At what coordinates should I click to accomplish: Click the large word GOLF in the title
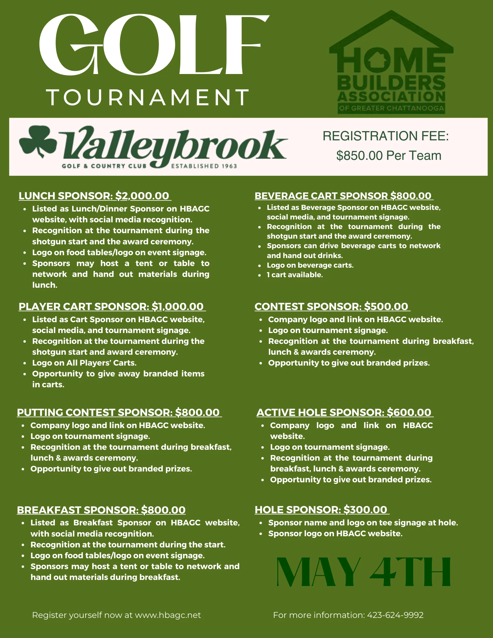coord(153,46)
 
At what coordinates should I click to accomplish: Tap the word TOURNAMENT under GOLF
coord(148,97)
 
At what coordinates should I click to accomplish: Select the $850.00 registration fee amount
coord(359,156)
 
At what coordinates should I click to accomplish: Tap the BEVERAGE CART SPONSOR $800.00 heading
coord(343,196)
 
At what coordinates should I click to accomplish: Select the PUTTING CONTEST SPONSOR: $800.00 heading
coord(118,412)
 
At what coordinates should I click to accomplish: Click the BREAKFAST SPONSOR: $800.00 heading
coord(101,510)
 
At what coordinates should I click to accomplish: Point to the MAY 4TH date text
coord(363,572)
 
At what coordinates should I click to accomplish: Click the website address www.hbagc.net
coord(168,615)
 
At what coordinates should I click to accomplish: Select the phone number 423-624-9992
coord(395,615)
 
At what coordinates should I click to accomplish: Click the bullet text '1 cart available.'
coord(295,275)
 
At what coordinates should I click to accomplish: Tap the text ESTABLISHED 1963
coord(204,166)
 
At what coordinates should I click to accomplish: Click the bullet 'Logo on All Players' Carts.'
coord(84,363)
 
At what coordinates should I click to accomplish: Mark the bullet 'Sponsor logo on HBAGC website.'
coord(335,533)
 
